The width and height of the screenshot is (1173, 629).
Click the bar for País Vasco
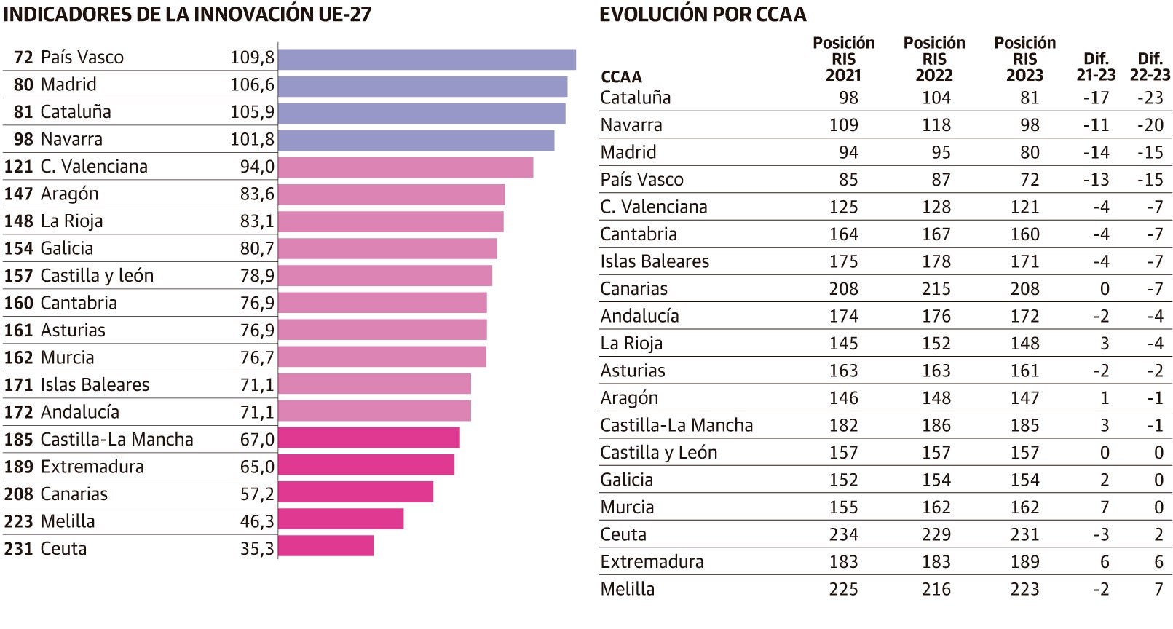(x=427, y=59)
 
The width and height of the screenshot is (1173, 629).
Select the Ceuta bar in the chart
(x=325, y=546)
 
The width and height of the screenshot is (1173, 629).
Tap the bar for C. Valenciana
(x=406, y=167)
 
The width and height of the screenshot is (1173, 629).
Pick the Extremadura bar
(x=366, y=464)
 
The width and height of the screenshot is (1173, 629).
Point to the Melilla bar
(x=341, y=519)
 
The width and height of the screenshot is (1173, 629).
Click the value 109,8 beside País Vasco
(x=252, y=58)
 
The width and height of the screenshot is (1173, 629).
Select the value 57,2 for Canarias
(x=257, y=494)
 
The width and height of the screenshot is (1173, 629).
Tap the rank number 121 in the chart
(x=18, y=167)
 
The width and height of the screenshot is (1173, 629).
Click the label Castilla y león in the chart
(x=97, y=276)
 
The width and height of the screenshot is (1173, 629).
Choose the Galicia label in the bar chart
(x=67, y=248)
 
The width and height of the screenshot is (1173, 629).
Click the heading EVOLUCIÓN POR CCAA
(x=703, y=15)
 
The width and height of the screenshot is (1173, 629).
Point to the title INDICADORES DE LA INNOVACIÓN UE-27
(x=187, y=15)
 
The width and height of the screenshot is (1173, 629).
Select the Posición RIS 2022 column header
(x=934, y=59)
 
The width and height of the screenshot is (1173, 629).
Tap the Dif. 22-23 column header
(x=1150, y=66)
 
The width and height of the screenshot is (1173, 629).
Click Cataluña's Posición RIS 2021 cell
(x=848, y=98)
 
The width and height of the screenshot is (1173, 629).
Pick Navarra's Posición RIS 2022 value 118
(x=936, y=125)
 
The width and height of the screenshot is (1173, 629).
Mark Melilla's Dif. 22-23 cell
(x=1158, y=589)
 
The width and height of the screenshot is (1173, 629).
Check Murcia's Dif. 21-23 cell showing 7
(x=1104, y=507)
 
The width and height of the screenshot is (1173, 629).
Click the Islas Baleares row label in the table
(x=654, y=261)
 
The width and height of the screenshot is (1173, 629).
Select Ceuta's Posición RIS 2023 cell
(x=1024, y=534)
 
